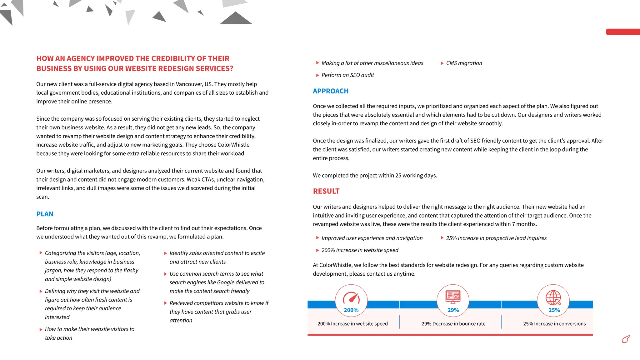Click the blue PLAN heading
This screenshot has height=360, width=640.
(45, 214)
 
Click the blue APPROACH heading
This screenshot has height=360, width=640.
(330, 91)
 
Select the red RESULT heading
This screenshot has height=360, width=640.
(326, 191)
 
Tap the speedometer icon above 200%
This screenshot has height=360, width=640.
(351, 297)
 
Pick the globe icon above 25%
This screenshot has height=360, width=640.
(553, 297)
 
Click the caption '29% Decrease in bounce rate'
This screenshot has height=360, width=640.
(453, 324)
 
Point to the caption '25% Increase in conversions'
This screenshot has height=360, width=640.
(554, 324)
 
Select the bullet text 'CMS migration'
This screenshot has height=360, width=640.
(464, 63)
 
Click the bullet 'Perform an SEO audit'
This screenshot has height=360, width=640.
(347, 75)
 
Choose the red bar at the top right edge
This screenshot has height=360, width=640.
(622, 32)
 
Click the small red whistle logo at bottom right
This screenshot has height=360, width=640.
(626, 339)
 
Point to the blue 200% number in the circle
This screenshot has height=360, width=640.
(351, 310)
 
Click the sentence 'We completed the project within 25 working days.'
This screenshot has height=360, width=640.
(375, 176)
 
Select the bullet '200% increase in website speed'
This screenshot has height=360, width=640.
(360, 250)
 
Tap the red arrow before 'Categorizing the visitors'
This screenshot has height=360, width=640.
(41, 253)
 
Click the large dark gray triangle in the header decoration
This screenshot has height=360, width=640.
(236, 19)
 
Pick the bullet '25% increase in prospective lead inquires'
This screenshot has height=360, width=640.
(496, 238)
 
